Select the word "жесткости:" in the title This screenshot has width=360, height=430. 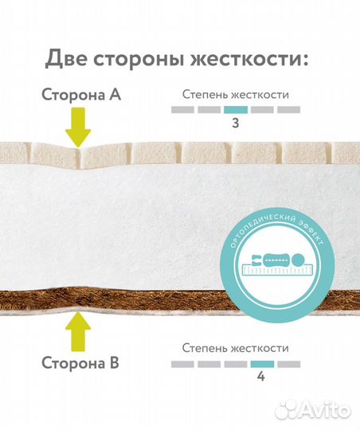point(258,58)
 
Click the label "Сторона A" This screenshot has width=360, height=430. point(81,95)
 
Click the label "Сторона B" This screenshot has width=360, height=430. point(81,364)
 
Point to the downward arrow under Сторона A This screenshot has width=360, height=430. point(78,128)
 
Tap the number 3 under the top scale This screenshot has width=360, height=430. point(235,123)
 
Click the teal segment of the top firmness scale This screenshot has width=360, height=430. point(235,109)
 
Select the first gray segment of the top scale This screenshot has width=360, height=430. point(182,109)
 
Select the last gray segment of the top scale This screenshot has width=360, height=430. point(288,109)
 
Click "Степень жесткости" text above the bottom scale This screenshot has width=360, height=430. point(235,348)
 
